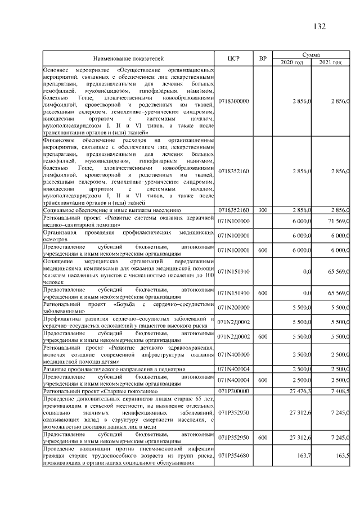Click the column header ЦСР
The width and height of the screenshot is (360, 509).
click(x=235, y=58)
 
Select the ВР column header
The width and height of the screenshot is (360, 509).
click(x=262, y=58)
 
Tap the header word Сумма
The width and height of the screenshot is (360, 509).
click(x=312, y=54)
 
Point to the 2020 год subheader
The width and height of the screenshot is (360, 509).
click(x=292, y=62)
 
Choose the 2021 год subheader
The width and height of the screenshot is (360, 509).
click(x=331, y=62)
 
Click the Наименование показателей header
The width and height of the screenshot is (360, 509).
click(x=129, y=58)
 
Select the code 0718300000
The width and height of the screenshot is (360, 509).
click(x=235, y=101)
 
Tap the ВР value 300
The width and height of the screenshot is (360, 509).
click(x=262, y=210)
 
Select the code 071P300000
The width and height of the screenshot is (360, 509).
click(x=235, y=390)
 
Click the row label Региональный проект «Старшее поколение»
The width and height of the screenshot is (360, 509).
click(x=101, y=390)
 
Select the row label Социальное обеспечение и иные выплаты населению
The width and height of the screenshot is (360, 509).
click(x=112, y=210)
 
